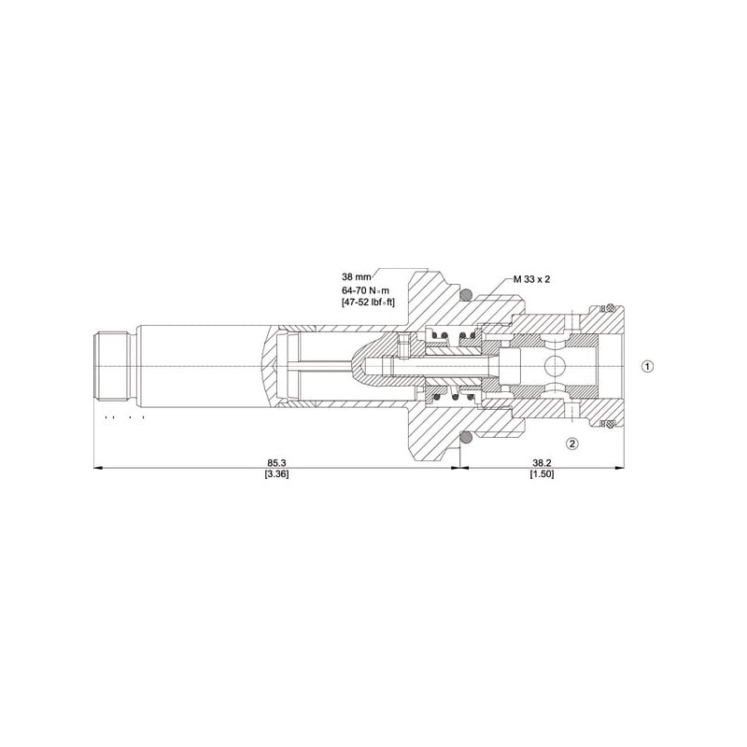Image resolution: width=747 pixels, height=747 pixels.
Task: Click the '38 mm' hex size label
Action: click(356, 276)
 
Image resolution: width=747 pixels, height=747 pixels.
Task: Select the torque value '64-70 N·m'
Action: click(365, 289)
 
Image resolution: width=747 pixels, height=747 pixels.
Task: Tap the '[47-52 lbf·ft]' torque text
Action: click(368, 302)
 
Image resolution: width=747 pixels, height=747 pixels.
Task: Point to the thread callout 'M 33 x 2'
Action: click(531, 279)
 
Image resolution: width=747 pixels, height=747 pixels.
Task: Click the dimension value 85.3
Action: click(276, 462)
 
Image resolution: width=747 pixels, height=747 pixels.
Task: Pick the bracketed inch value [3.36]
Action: click(276, 474)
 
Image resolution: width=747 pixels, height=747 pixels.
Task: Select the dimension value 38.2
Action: click(542, 462)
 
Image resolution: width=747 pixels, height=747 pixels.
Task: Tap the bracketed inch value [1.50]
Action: click(542, 474)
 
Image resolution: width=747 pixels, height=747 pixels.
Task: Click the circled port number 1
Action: click(647, 366)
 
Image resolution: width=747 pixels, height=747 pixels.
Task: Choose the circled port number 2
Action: click(571, 444)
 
